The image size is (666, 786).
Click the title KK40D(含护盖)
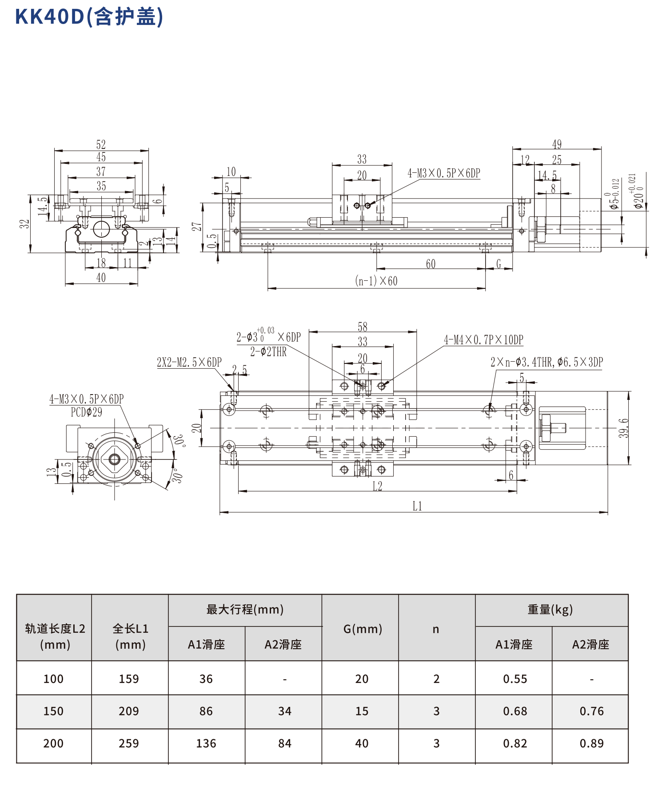[x=89, y=17]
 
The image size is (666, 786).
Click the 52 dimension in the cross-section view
[x=101, y=144]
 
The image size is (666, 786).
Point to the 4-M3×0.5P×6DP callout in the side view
[x=444, y=173]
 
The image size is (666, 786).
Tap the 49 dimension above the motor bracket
[x=557, y=144]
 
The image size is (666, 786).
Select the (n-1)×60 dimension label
[x=376, y=281]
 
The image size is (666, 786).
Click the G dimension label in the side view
[x=499, y=264]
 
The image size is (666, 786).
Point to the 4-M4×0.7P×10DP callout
[x=483, y=340]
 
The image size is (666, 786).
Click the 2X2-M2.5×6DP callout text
[x=189, y=362]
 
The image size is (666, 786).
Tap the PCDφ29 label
[x=87, y=412]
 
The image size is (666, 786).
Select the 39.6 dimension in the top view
[x=624, y=428]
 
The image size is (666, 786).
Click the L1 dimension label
[x=417, y=506]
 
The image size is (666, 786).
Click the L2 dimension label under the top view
[x=377, y=486]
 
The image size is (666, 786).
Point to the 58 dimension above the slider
[x=363, y=327]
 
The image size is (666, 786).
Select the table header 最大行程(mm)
[x=245, y=609]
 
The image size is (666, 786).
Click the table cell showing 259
[x=129, y=743]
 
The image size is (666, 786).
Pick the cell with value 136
[x=206, y=743]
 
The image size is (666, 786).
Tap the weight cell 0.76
[x=591, y=711]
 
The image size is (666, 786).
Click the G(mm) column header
[x=363, y=628]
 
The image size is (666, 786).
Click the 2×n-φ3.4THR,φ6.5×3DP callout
[x=546, y=362]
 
